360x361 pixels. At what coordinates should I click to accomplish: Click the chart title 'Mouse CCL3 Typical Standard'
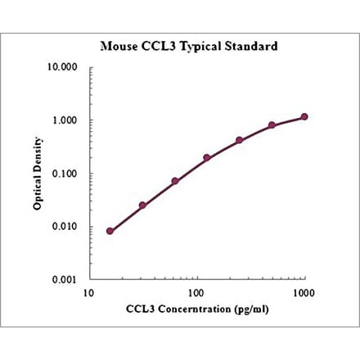click(188, 46)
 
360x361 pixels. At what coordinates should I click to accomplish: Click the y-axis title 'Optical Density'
click(38, 174)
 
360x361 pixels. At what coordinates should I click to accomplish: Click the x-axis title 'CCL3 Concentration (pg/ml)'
click(196, 309)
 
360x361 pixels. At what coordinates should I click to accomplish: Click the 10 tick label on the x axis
click(86, 292)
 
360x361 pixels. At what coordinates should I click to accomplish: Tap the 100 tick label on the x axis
click(196, 292)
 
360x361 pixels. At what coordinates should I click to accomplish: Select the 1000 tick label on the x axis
click(304, 292)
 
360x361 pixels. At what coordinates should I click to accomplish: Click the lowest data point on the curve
click(110, 231)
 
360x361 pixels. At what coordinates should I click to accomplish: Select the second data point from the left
click(142, 205)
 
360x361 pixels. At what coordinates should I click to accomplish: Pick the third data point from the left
click(175, 181)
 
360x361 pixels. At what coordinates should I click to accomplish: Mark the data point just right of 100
click(207, 157)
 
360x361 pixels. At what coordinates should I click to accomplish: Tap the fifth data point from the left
click(240, 140)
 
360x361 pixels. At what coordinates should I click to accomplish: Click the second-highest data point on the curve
click(272, 125)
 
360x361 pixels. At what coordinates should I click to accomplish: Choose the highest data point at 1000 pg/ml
click(304, 116)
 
